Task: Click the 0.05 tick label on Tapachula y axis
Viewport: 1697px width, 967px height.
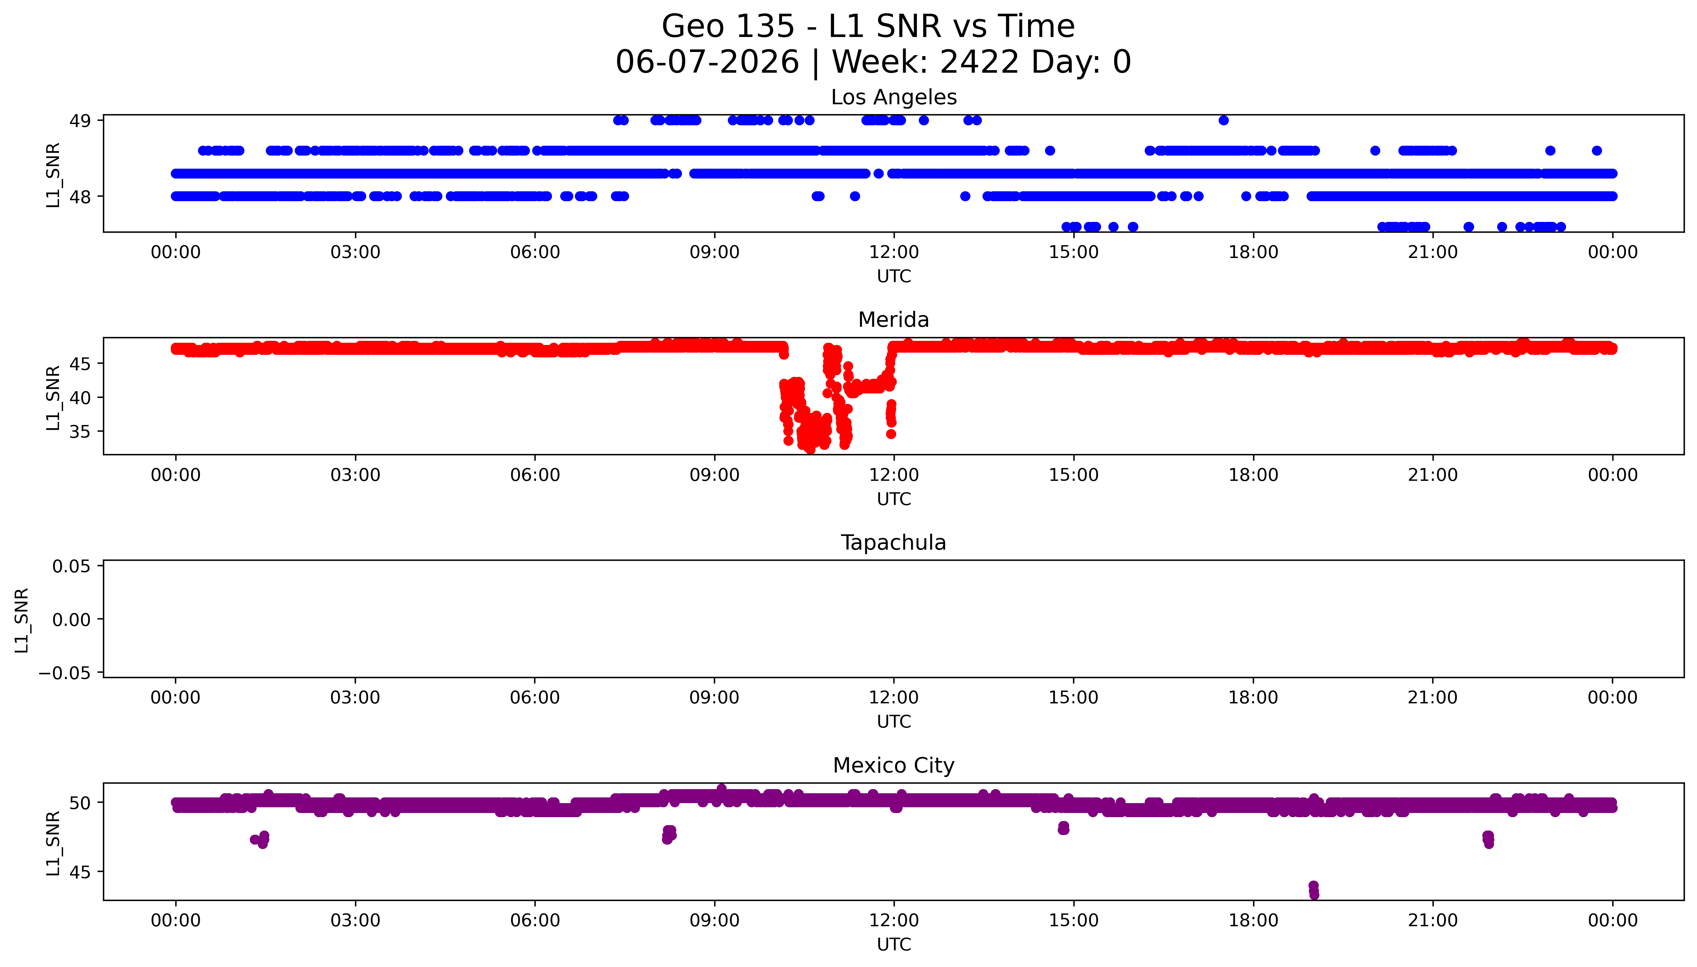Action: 72,567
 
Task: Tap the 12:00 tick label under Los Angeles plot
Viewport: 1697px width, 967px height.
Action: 894,253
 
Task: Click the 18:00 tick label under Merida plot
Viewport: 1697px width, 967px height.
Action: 1253,475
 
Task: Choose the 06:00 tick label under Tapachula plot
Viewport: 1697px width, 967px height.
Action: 535,697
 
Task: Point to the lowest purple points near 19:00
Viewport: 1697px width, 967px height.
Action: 1313,890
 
